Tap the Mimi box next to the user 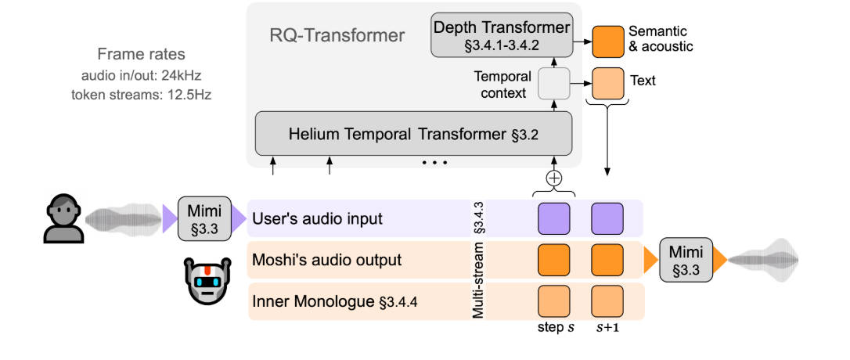[x=206, y=218]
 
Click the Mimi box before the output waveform [x=685, y=258]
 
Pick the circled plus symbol [x=554, y=178]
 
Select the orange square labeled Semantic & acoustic [x=606, y=40]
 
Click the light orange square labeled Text [x=606, y=81]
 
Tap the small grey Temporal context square [x=553, y=82]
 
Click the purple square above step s [x=553, y=218]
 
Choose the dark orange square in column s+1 [x=607, y=259]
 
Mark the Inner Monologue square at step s [x=553, y=300]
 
